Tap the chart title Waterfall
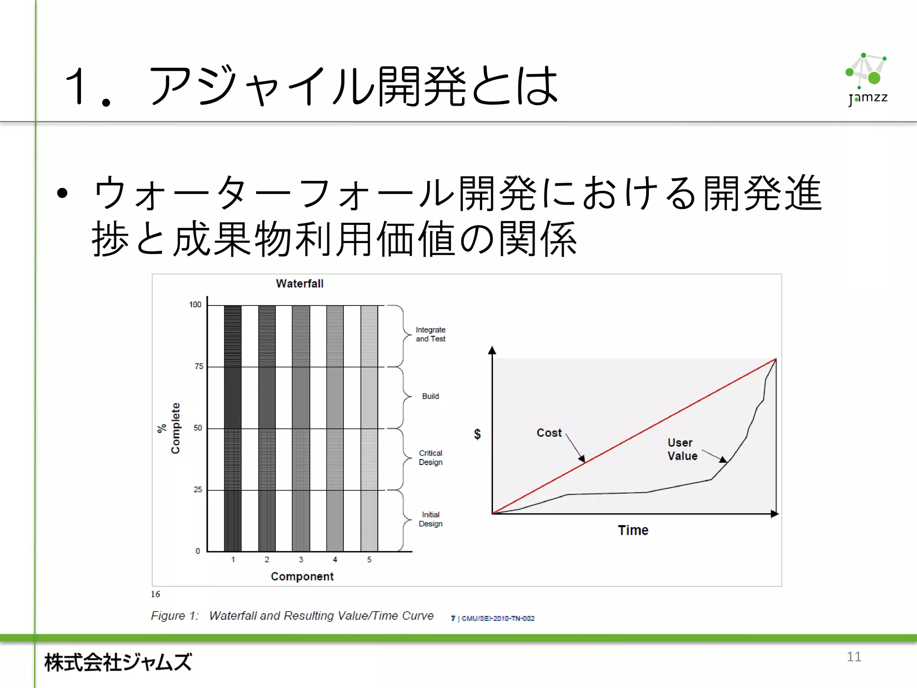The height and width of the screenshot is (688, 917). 300,284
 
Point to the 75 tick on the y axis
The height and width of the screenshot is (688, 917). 199,366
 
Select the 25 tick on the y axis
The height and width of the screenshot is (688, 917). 198,490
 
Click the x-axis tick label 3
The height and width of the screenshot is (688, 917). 301,559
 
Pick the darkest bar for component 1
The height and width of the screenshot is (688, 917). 233,428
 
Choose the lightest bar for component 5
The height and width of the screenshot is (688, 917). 369,428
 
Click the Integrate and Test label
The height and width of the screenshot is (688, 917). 430,334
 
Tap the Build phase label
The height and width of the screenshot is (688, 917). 430,396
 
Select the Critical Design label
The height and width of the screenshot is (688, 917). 430,457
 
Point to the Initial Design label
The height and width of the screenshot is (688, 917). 430,519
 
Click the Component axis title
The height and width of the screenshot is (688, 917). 302,576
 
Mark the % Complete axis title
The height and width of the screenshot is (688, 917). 169,428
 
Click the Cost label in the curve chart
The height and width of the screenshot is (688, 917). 549,433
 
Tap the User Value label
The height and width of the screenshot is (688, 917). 682,449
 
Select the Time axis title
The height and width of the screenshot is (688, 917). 633,530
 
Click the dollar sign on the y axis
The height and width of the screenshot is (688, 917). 477,434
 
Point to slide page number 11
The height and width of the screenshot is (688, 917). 854,657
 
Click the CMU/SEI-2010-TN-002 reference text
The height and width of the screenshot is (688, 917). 497,619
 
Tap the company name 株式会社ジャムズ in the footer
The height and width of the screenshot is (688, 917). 118,662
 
